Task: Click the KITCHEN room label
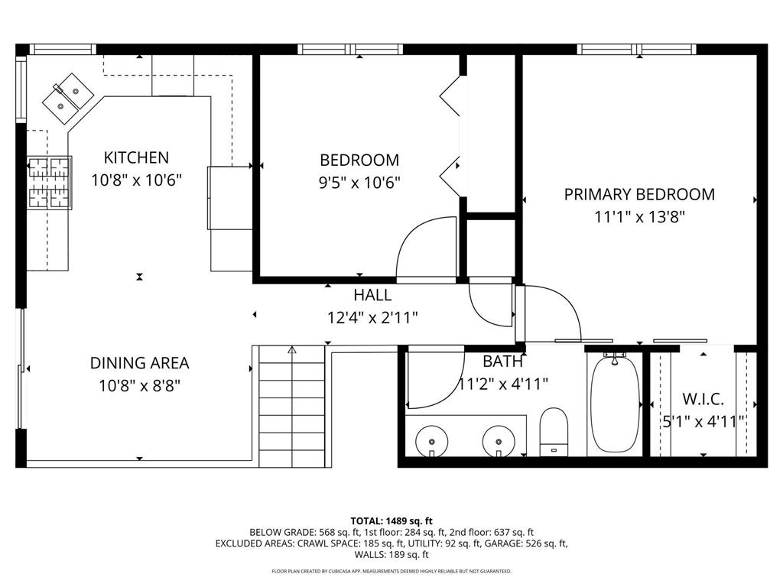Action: click(x=136, y=158)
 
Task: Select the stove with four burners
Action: click(x=50, y=182)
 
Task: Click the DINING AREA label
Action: click(x=139, y=364)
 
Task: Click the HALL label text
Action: click(x=372, y=295)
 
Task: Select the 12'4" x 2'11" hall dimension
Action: click(x=372, y=317)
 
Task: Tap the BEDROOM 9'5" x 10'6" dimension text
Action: click(x=359, y=182)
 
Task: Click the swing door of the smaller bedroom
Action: click(x=424, y=248)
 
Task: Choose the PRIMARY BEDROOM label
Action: click(x=639, y=194)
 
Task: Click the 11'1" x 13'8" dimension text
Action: click(x=639, y=216)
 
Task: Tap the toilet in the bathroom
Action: click(x=554, y=431)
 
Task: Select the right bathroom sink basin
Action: click(x=499, y=441)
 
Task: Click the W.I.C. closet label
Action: click(x=703, y=399)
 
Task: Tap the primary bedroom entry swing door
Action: click(x=551, y=313)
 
